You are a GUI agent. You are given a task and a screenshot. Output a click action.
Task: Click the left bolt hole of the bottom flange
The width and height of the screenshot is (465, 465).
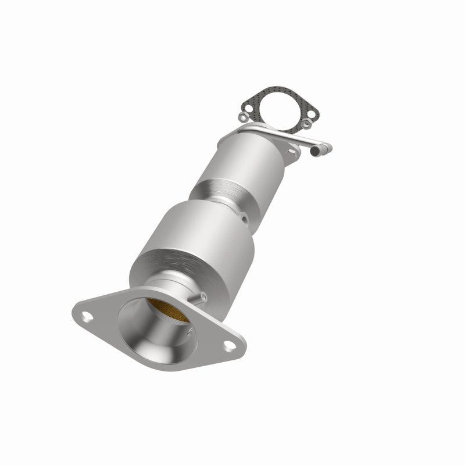[x=87, y=317]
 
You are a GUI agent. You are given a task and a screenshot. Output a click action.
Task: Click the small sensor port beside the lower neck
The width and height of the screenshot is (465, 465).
[x=202, y=298]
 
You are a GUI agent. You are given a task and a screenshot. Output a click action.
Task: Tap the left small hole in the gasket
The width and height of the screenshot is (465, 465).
[x=246, y=107]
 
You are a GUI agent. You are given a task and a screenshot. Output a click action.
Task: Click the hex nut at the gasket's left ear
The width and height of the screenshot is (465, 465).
[x=242, y=118]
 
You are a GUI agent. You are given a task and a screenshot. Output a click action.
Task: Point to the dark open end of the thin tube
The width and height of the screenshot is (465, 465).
[x=315, y=151]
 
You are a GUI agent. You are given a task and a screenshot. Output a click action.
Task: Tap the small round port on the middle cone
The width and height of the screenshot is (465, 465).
[x=244, y=219]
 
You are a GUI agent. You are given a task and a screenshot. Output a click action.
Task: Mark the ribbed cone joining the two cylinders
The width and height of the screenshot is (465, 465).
[x=221, y=195]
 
